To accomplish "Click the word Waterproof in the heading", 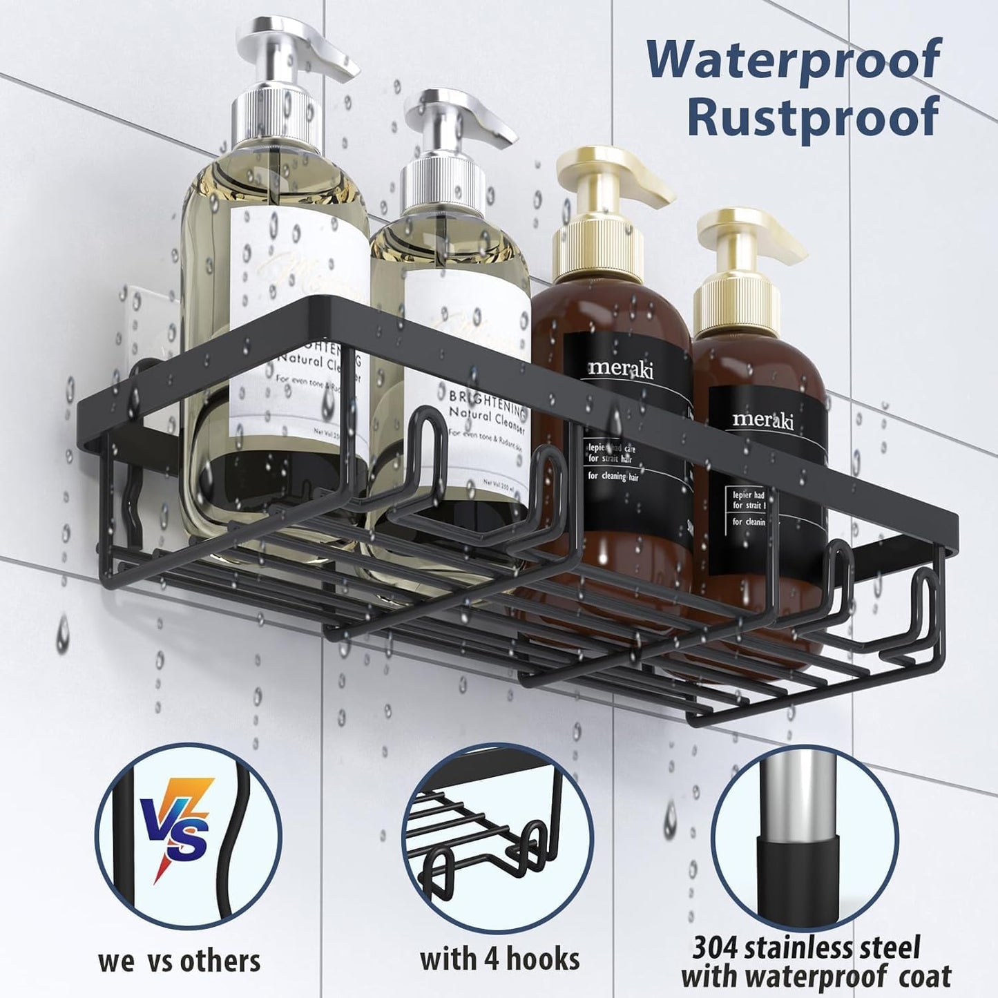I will pos(794,60).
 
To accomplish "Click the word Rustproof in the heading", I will pos(813,117).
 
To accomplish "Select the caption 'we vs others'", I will pos(180,961).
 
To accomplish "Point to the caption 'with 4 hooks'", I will pos(499,959).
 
